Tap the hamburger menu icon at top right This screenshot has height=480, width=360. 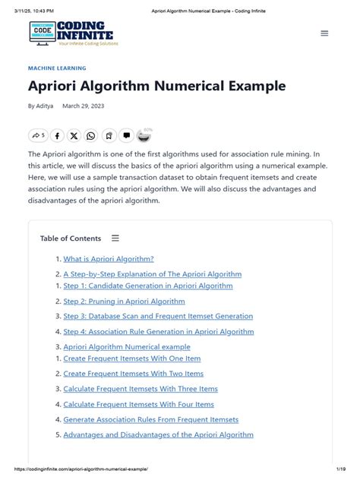324,33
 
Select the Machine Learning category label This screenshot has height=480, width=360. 57,68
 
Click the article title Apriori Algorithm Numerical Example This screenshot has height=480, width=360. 156,86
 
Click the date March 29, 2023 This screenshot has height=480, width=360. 84,106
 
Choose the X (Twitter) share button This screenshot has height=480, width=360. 74,136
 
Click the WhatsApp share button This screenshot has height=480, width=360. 91,136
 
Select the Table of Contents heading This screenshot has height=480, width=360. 71,238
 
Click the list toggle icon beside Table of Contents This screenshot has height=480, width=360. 115,238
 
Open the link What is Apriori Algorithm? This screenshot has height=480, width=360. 109,259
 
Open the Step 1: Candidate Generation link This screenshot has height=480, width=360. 148,286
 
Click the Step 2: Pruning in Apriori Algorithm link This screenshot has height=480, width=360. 124,302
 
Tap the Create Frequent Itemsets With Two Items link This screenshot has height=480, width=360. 134,374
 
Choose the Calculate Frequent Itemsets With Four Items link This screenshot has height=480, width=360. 139,405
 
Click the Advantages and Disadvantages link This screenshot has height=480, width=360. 158,435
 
